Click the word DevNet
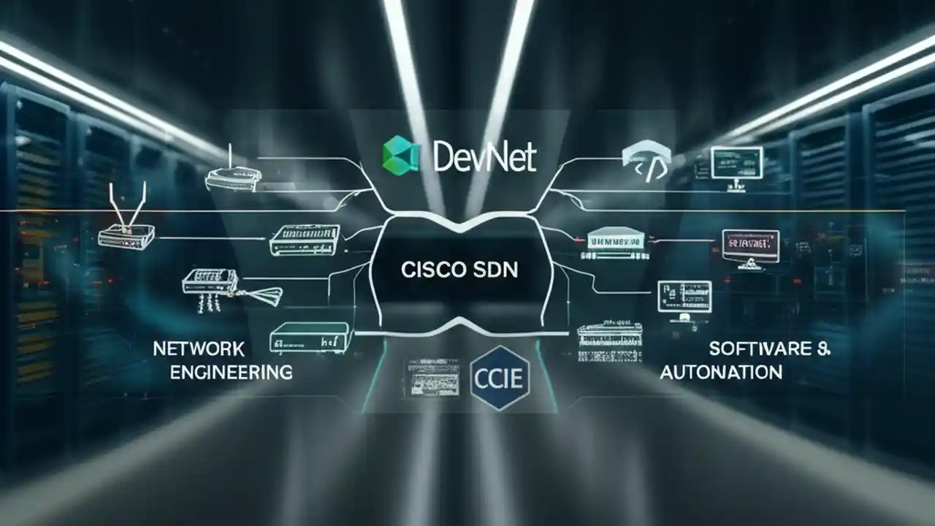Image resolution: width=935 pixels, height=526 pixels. pyautogui.click(x=485, y=157)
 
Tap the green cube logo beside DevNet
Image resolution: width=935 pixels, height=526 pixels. pyautogui.click(x=401, y=155)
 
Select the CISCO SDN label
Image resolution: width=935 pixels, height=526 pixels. pyautogui.click(x=459, y=270)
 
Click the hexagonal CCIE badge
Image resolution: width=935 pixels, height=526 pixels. pyautogui.click(x=500, y=378)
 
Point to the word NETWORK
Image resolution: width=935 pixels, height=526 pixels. pyautogui.click(x=199, y=348)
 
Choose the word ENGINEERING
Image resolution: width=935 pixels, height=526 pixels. pyautogui.click(x=232, y=372)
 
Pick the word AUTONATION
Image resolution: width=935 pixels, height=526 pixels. pyautogui.click(x=721, y=372)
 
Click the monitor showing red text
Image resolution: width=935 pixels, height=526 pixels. pyautogui.click(x=750, y=245)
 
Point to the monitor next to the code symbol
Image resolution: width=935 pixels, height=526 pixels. pyautogui.click(x=736, y=164)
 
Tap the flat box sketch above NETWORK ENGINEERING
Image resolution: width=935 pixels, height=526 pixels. pyautogui.click(x=311, y=338)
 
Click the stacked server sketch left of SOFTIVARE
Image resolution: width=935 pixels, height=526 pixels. pyautogui.click(x=609, y=341)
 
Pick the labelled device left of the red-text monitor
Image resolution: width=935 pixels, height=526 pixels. pyautogui.click(x=617, y=244)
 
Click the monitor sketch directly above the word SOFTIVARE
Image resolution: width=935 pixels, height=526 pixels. pyautogui.click(x=684, y=297)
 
